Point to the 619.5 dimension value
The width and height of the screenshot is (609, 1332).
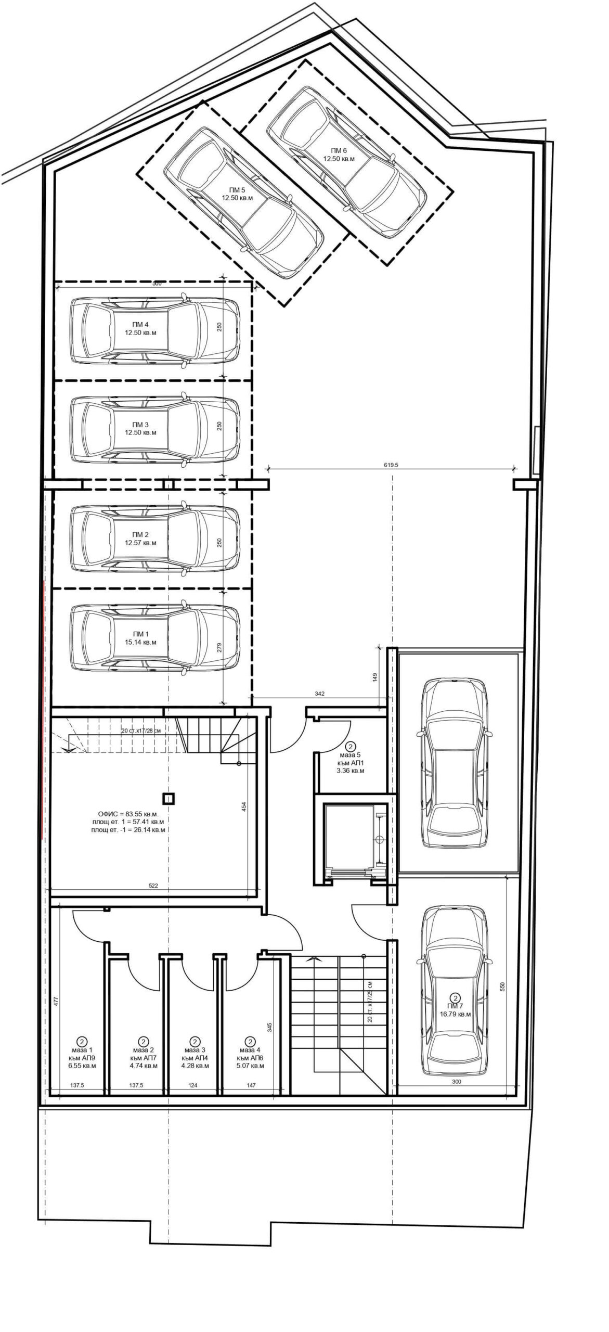coord(390,465)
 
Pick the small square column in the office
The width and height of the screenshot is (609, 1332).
coord(168,798)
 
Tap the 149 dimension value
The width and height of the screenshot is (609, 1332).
coord(375,677)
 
